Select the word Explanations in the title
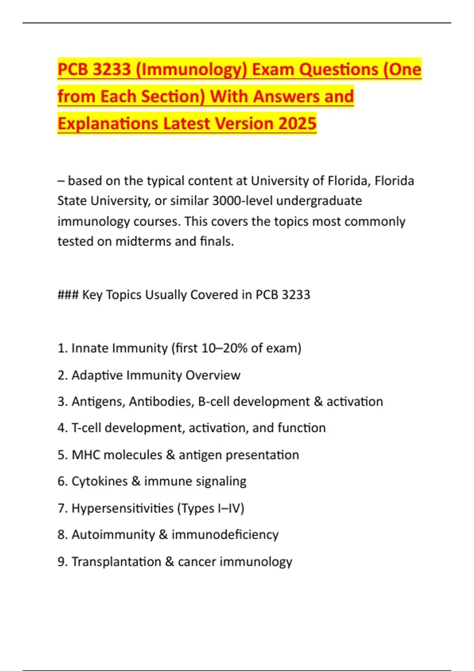tap(107, 124)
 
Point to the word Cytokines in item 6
tap(100, 481)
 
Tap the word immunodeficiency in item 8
tap(225, 534)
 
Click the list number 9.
tap(62, 561)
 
